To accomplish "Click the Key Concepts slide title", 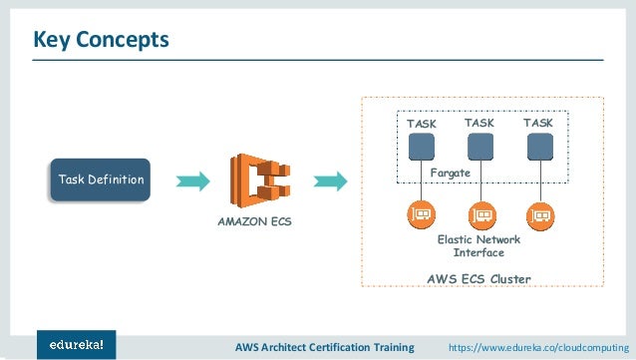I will click(102, 40).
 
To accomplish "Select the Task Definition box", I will click(101, 180).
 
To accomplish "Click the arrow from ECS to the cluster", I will click(330, 180).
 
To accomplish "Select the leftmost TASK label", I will click(421, 124).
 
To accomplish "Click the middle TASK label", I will click(479, 123).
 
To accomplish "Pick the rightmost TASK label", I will click(539, 123).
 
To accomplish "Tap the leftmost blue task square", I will click(422, 147).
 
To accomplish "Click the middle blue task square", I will click(480, 147).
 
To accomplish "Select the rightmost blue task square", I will click(539, 147).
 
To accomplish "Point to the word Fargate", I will click(450, 173).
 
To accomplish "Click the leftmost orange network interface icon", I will click(422, 213).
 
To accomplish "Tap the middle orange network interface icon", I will click(480, 213).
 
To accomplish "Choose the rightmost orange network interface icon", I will click(539, 213).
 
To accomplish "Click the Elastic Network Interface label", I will click(478, 246).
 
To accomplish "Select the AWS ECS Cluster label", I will click(478, 278).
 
